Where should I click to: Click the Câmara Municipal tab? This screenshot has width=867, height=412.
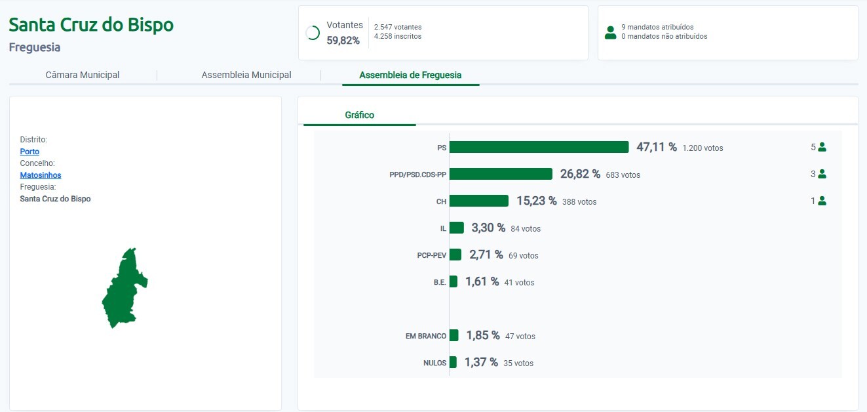pyautogui.click(x=83, y=75)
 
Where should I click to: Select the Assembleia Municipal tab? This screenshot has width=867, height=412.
pyautogui.click(x=246, y=75)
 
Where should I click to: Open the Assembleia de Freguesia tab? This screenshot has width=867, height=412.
pyautogui.click(x=410, y=75)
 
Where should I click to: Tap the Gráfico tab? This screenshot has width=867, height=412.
pyautogui.click(x=360, y=115)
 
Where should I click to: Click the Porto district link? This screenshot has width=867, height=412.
pyautogui.click(x=29, y=152)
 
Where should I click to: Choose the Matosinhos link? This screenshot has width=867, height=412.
pyautogui.click(x=41, y=175)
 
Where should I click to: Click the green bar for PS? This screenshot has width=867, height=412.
pyautogui.click(x=539, y=147)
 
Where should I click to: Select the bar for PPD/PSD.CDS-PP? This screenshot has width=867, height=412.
pyautogui.click(x=501, y=174)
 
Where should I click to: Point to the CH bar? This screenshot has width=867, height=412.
pyautogui.click(x=479, y=201)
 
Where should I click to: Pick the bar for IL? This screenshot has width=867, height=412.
pyautogui.click(x=457, y=228)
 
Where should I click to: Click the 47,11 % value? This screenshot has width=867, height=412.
pyautogui.click(x=657, y=147)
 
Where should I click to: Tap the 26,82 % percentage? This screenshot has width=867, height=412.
pyautogui.click(x=580, y=174)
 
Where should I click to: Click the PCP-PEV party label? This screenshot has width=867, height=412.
pyautogui.click(x=431, y=255)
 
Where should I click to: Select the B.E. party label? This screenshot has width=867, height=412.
pyautogui.click(x=439, y=282)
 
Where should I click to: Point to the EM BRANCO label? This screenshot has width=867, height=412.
pyautogui.click(x=426, y=336)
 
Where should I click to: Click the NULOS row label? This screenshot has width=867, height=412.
pyautogui.click(x=434, y=363)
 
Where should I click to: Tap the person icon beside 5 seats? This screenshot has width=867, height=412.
pyautogui.click(x=822, y=147)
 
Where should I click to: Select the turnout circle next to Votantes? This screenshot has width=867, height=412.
pyautogui.click(x=313, y=33)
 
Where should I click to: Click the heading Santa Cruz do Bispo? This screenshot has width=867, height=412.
pyautogui.click(x=91, y=25)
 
